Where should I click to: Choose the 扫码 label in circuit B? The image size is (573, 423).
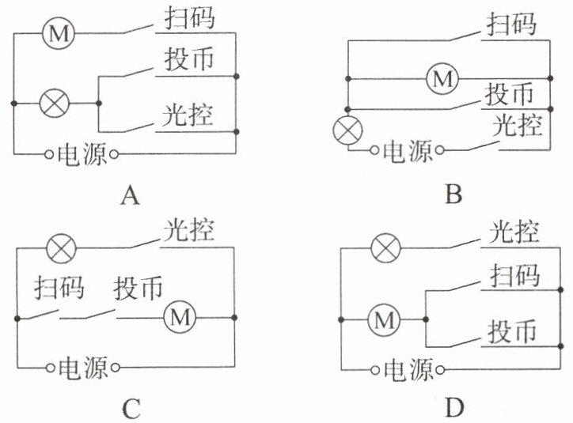pyautogui.click(x=510, y=23)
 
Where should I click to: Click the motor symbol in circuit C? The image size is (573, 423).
pyautogui.click(x=179, y=318)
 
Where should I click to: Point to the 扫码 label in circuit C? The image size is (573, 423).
pyautogui.click(x=59, y=289)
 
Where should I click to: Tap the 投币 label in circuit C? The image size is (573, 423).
pyautogui.click(x=138, y=289)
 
